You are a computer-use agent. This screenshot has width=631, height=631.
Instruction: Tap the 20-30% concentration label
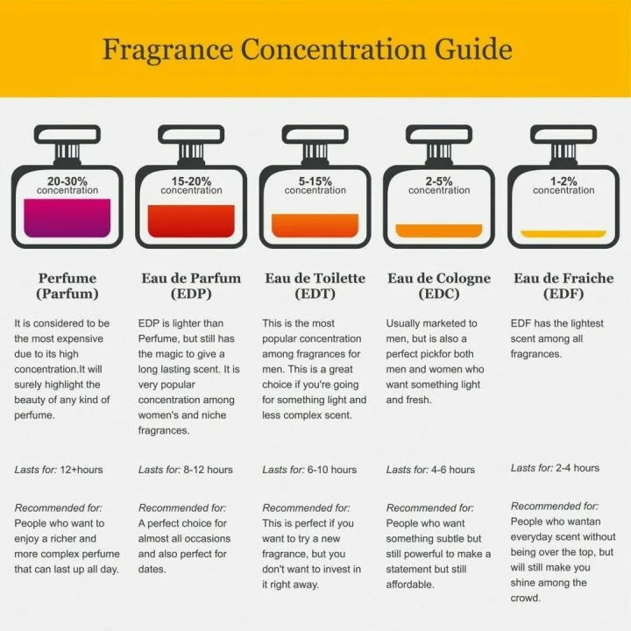pyautogui.click(x=67, y=186)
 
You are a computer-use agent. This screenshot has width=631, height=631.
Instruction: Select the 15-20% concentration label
pyautogui.click(x=191, y=186)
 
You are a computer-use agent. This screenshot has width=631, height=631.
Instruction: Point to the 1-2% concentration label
pyautogui.click(x=564, y=186)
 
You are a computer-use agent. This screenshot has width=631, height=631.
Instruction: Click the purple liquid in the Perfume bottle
pyautogui.click(x=67, y=217)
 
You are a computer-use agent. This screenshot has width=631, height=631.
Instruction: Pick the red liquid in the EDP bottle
pyautogui.click(x=191, y=221)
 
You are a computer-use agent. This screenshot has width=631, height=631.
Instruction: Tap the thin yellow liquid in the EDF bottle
pyautogui.click(x=564, y=234)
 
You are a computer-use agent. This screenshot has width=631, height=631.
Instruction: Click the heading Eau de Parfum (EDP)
pyautogui.click(x=191, y=286)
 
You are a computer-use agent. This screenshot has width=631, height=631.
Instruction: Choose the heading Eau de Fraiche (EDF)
pyautogui.click(x=564, y=286)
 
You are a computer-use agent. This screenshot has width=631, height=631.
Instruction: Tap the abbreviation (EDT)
pyautogui.click(x=315, y=294)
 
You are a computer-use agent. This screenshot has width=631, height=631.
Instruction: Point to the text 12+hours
pyautogui.click(x=82, y=470)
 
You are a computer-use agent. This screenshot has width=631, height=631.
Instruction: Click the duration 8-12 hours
pyautogui.click(x=208, y=470)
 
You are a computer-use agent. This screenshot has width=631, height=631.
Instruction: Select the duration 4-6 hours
pyautogui.click(x=453, y=470)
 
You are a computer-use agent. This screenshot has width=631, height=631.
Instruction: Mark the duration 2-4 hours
pyautogui.click(x=578, y=468)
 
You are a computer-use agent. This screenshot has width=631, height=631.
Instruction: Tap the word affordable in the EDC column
pyautogui.click(x=410, y=585)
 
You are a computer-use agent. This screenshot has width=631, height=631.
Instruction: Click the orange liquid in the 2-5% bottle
pyautogui.click(x=439, y=230)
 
